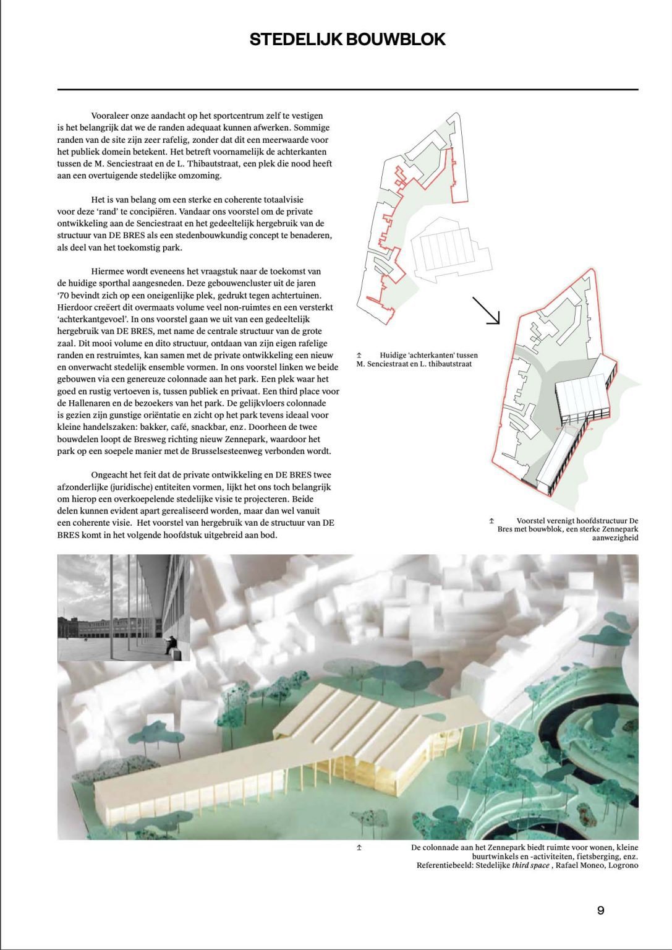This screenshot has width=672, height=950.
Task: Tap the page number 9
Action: coord(601,910)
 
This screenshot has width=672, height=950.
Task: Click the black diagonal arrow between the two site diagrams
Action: coord(486,310)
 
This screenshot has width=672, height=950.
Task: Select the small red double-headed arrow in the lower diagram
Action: coord(563,428)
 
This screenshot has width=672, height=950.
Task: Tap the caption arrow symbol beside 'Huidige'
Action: coord(359,356)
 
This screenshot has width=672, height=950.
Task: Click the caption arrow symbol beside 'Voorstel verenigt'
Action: coord(492,521)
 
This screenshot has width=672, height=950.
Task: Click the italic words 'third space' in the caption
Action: coord(530,865)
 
